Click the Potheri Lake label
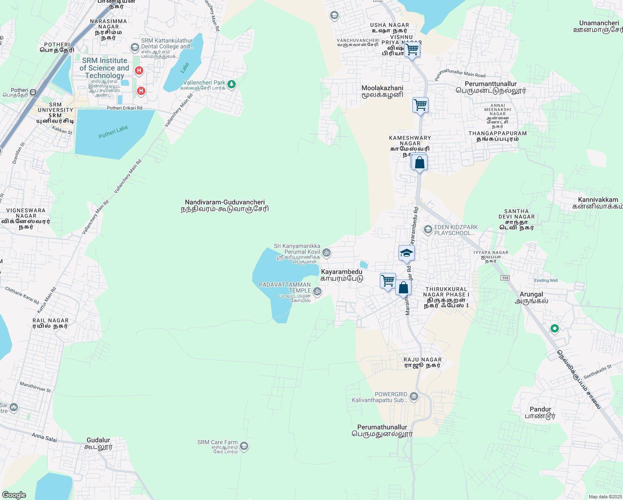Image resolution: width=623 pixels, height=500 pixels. click(x=113, y=132)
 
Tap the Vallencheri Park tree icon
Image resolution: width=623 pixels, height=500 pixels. click(x=232, y=85)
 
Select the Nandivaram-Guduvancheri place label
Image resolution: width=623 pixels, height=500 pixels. click(x=225, y=205)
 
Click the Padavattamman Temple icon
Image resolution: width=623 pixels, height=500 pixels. click(x=317, y=291)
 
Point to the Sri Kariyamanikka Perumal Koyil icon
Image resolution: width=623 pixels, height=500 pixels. click(x=327, y=252)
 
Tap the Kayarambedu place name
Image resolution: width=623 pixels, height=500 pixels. click(x=341, y=275)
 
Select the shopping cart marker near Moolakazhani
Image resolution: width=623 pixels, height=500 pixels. click(x=420, y=105)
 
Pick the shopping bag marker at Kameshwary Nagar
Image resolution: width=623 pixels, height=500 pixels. click(x=419, y=162)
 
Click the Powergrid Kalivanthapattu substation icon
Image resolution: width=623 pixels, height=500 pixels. click(x=414, y=396)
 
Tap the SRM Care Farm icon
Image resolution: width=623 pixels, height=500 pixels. click(x=244, y=446)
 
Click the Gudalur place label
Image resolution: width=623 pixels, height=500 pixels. click(x=98, y=443)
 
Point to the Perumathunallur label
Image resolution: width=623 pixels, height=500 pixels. click(x=382, y=430)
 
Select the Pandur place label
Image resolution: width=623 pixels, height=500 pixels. click(x=540, y=412)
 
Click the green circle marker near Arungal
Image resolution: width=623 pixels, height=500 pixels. click(x=554, y=329)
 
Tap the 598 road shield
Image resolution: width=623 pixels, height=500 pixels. click(x=505, y=278)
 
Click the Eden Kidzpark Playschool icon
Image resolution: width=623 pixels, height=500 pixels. click(x=428, y=230)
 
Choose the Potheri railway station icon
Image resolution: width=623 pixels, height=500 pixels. click(x=33, y=92)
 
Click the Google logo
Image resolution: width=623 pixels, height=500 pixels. click(x=14, y=495)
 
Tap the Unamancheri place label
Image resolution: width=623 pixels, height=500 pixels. click(x=599, y=26)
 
